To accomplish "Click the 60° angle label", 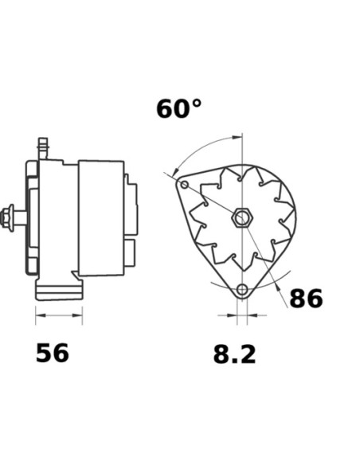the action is click(x=179, y=109).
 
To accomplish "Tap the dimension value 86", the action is click(x=306, y=299).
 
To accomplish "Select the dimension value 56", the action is click(x=53, y=353).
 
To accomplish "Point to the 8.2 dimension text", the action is click(x=234, y=354).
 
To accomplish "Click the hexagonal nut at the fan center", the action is click(x=242, y=217).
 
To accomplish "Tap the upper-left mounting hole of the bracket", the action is click(x=185, y=185).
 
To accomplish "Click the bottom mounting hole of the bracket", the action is click(x=242, y=289).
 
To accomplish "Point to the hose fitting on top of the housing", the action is click(x=43, y=148).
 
